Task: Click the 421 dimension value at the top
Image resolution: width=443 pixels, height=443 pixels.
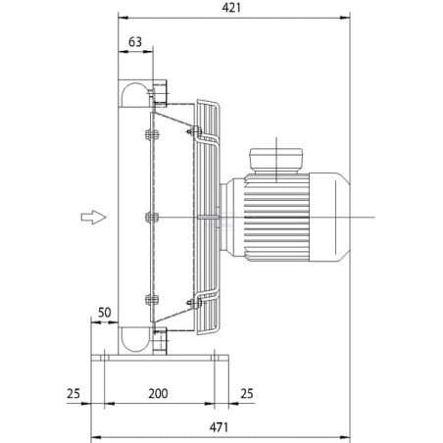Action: coord(231,8)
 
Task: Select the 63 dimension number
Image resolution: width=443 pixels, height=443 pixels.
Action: coord(135,42)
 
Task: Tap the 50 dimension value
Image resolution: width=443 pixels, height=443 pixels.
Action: coord(104,313)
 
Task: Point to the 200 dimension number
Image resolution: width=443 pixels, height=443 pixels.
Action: coord(158,394)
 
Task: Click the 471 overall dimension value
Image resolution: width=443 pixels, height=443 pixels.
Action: coord(219,427)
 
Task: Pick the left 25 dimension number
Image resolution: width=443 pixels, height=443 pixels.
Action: coord(74,394)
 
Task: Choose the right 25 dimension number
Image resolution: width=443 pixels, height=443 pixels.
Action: coord(247,394)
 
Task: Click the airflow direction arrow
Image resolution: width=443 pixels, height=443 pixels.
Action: coord(94,217)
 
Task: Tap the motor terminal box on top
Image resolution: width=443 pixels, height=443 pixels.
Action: coord(276,161)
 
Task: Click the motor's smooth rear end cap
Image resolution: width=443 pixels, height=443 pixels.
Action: coord(329,218)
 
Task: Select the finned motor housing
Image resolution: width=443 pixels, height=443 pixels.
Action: coord(276,218)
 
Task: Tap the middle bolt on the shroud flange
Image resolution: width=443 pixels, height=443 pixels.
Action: coord(152,217)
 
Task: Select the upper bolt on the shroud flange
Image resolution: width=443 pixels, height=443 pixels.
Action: coord(152,134)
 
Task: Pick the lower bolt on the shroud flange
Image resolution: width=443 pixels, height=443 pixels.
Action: coord(152,300)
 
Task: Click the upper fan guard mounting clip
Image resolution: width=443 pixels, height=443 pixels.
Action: coord(196,131)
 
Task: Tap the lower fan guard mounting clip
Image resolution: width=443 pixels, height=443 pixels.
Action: coord(196,303)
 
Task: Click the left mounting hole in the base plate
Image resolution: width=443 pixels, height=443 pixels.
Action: coord(104,358)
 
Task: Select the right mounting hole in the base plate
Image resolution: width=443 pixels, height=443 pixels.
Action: coord(215,358)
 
